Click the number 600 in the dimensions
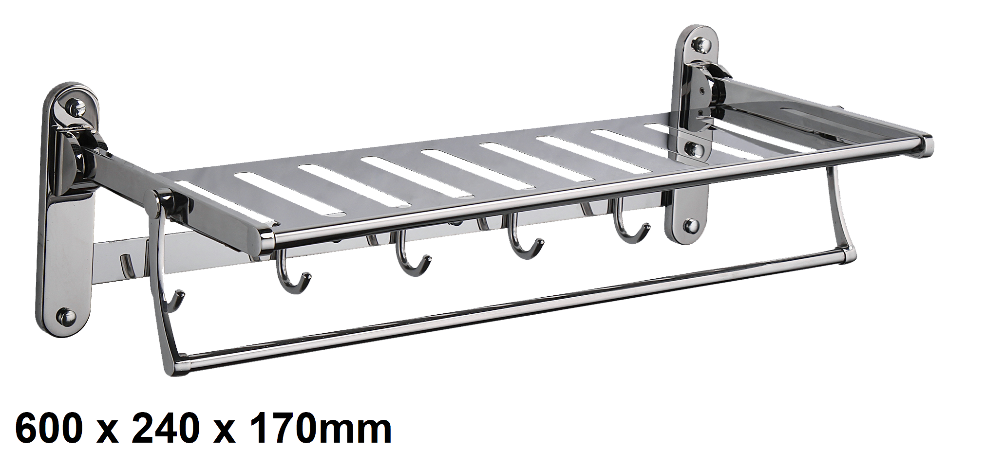tap(49, 428)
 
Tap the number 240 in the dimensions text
tap(166, 428)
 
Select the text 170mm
tap(321, 428)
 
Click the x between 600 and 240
tap(107, 432)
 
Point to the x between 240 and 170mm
tap(225, 432)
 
